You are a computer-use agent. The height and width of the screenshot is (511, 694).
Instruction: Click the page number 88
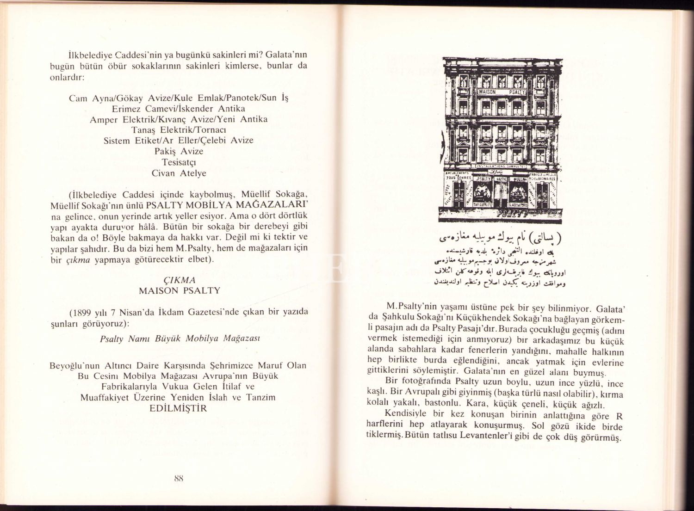point(179,479)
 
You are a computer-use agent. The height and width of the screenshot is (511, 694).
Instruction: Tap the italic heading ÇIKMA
point(180,280)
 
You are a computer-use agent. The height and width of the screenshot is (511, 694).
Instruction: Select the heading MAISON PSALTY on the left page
point(180,291)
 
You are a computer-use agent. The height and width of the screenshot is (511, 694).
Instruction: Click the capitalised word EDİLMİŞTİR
point(179,408)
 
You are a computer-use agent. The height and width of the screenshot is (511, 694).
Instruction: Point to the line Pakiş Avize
point(179,151)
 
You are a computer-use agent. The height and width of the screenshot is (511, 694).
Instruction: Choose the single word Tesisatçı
point(179,162)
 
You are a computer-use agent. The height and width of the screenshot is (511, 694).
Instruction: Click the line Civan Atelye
point(179,173)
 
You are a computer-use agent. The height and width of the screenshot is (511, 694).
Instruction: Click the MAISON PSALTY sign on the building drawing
point(501,92)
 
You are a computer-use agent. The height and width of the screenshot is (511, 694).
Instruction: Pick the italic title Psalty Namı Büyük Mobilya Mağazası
point(180,339)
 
